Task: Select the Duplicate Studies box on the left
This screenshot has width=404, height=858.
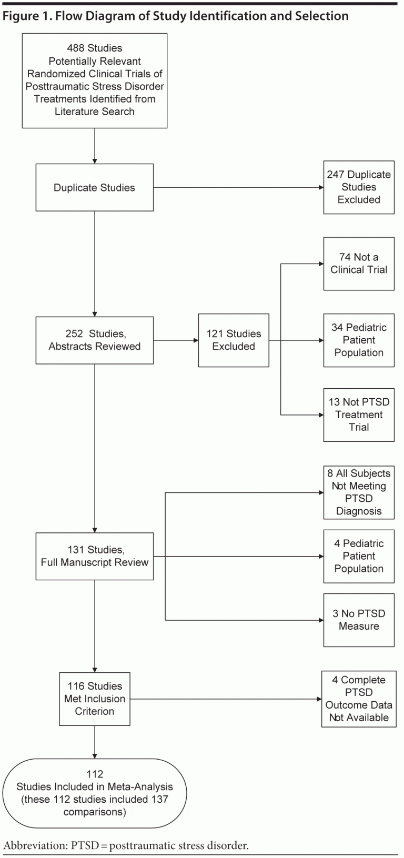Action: pyautogui.click(x=95, y=188)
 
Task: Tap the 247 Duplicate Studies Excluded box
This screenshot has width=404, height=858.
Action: pyautogui.click(x=359, y=187)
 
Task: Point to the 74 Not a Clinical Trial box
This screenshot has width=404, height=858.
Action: pyautogui.click(x=359, y=264)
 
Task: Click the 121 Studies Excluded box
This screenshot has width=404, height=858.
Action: pyautogui.click(x=234, y=340)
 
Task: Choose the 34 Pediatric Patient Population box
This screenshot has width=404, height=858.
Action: pyautogui.click(x=359, y=340)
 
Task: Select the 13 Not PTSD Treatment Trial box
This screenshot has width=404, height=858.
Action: pyautogui.click(x=359, y=415)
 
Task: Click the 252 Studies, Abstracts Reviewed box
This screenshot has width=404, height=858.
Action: pyautogui.click(x=95, y=340)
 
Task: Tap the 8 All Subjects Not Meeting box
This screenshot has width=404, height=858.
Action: pyautogui.click(x=359, y=492)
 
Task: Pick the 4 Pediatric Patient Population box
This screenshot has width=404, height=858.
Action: pyautogui.click(x=359, y=556)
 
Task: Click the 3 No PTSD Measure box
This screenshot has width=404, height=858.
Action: pyautogui.click(x=359, y=620)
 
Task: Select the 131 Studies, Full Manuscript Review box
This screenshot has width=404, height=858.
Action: pyautogui.click(x=95, y=556)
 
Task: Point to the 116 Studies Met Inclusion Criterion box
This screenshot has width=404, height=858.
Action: pyautogui.click(x=95, y=699)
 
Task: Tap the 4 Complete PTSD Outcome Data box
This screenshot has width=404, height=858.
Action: pyautogui.click(x=359, y=699)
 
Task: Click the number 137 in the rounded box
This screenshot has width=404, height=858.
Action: pyautogui.click(x=158, y=799)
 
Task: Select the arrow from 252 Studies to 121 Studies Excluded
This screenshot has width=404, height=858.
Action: pyautogui.click(x=176, y=340)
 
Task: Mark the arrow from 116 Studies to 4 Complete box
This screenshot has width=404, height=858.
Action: pyautogui.click(x=226, y=699)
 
